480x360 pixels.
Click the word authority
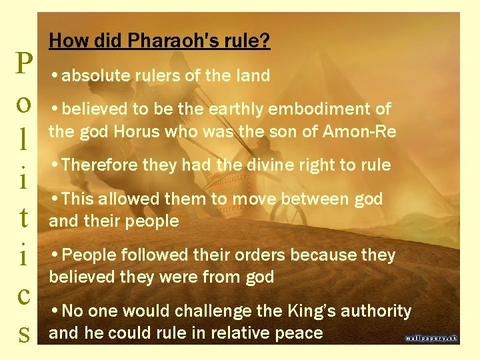click(377, 311)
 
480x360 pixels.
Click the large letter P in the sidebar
click(24, 65)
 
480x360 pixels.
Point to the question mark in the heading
click(266, 42)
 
